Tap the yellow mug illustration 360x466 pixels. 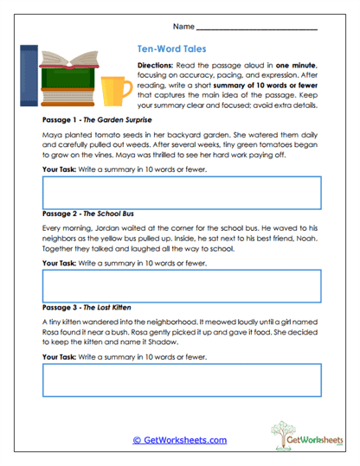click(x=112, y=89)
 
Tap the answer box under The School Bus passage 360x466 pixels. click(x=182, y=284)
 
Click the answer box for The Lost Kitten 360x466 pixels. click(x=182, y=379)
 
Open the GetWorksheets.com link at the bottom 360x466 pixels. click(x=179, y=440)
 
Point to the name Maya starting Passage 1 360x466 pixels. click(x=51, y=137)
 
